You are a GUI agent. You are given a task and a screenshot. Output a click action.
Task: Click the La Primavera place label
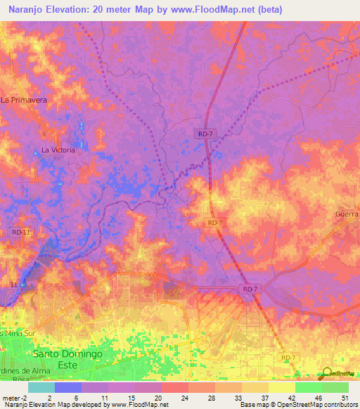[x=24, y=100]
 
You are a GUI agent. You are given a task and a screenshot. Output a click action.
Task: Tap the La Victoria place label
[x=58, y=150]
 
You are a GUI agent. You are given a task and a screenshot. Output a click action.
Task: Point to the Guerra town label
[x=347, y=214]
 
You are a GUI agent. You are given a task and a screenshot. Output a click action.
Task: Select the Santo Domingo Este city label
[x=67, y=354]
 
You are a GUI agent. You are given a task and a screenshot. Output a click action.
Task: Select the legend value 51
[x=343, y=396]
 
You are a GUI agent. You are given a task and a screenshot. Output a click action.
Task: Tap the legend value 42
[x=290, y=396]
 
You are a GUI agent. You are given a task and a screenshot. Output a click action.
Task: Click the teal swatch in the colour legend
[x=41, y=387]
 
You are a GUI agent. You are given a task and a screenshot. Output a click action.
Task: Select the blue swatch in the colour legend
[x=68, y=387]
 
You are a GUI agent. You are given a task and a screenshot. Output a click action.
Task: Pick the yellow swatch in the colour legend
[x=281, y=387]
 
